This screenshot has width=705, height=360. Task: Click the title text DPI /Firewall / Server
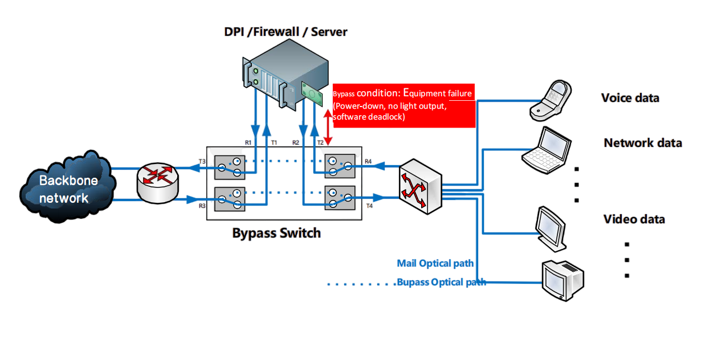285,32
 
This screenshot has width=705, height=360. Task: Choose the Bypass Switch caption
276,233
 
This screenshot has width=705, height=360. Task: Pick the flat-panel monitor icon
551,228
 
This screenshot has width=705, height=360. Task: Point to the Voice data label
630,98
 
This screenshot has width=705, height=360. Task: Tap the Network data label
642,143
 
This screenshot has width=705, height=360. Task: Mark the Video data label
634,219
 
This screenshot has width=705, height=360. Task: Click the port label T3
202,162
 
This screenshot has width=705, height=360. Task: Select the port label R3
202,206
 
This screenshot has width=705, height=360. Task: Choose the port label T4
369,206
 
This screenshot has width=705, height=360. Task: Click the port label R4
368,162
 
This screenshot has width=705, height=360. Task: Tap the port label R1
248,142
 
